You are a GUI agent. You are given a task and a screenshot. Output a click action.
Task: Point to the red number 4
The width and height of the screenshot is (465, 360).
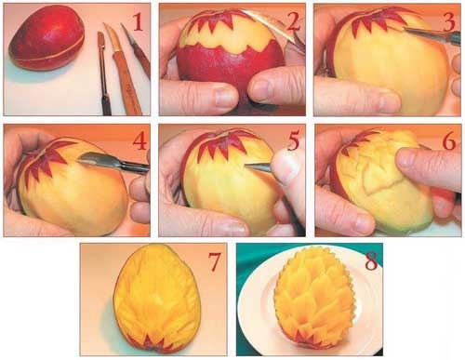point(139,141)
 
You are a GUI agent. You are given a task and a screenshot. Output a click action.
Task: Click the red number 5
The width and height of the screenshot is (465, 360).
point(294,141)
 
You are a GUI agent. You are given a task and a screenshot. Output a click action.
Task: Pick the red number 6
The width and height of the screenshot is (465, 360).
point(449,141)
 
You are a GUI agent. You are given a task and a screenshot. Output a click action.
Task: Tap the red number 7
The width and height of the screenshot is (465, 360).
point(215,261)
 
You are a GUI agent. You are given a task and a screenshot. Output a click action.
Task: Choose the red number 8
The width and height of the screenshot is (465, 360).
point(371,261)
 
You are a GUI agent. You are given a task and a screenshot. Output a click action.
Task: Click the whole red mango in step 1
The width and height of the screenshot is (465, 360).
point(46,38)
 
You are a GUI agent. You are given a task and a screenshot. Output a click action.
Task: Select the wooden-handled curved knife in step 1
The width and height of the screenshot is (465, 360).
point(123,68)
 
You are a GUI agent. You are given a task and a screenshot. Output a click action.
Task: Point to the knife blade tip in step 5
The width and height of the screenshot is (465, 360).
point(246,166)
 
